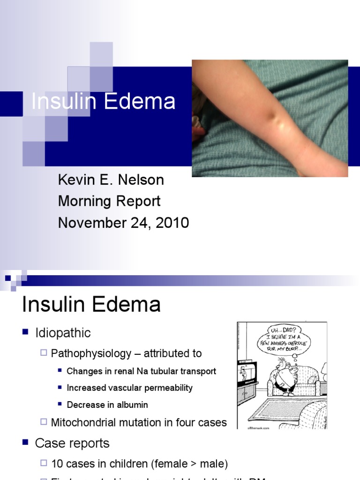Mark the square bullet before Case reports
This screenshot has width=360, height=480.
26,442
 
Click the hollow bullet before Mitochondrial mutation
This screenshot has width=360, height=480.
44,422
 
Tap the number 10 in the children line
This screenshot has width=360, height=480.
57,464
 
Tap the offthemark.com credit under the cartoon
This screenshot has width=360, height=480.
250,427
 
